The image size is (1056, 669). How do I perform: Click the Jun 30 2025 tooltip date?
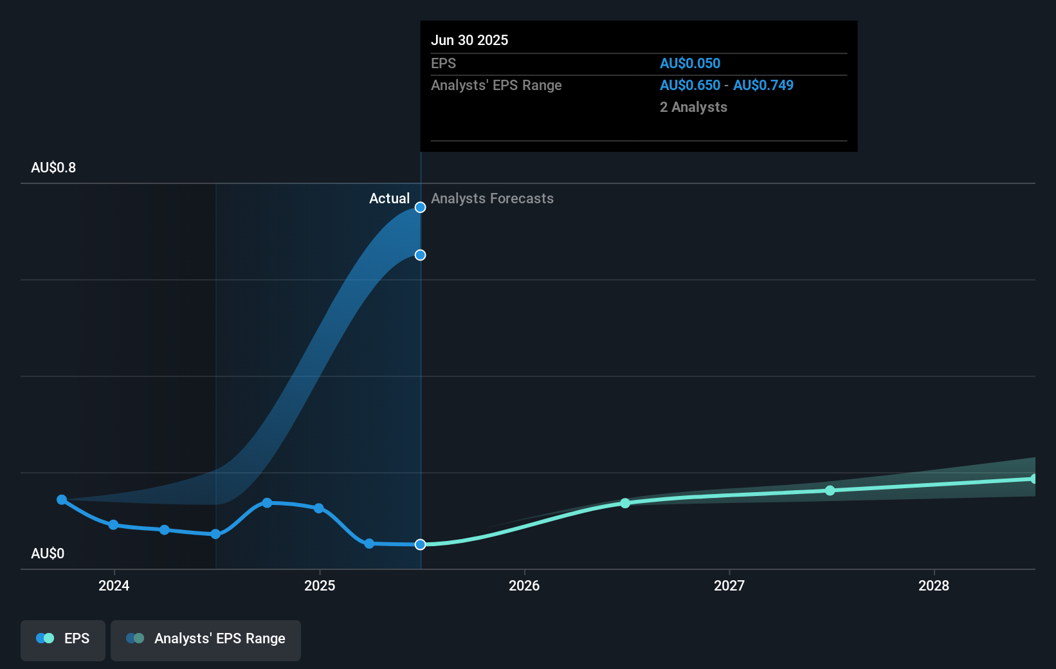tap(469, 40)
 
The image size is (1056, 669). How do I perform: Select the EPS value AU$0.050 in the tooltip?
tap(689, 63)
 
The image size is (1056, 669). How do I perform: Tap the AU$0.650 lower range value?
tap(689, 85)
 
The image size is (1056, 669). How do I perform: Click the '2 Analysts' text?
tap(693, 107)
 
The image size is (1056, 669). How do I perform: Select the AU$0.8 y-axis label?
tap(53, 167)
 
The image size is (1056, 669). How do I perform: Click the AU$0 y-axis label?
tap(48, 553)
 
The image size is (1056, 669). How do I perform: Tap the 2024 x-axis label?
tap(114, 585)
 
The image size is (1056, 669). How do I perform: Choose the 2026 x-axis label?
tap(524, 585)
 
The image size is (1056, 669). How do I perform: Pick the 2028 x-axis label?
tap(934, 585)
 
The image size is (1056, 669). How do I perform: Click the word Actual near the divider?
tap(389, 198)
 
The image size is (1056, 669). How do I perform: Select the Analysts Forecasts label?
tap(492, 198)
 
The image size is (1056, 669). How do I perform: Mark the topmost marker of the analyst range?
tap(420, 207)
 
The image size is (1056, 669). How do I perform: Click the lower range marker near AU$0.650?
tap(420, 255)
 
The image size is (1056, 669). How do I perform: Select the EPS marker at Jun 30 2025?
tap(420, 544)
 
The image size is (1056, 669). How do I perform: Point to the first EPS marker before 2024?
tap(62, 499)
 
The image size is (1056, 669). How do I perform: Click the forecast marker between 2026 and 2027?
tap(625, 503)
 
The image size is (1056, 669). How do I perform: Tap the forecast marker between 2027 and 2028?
tap(830, 490)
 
